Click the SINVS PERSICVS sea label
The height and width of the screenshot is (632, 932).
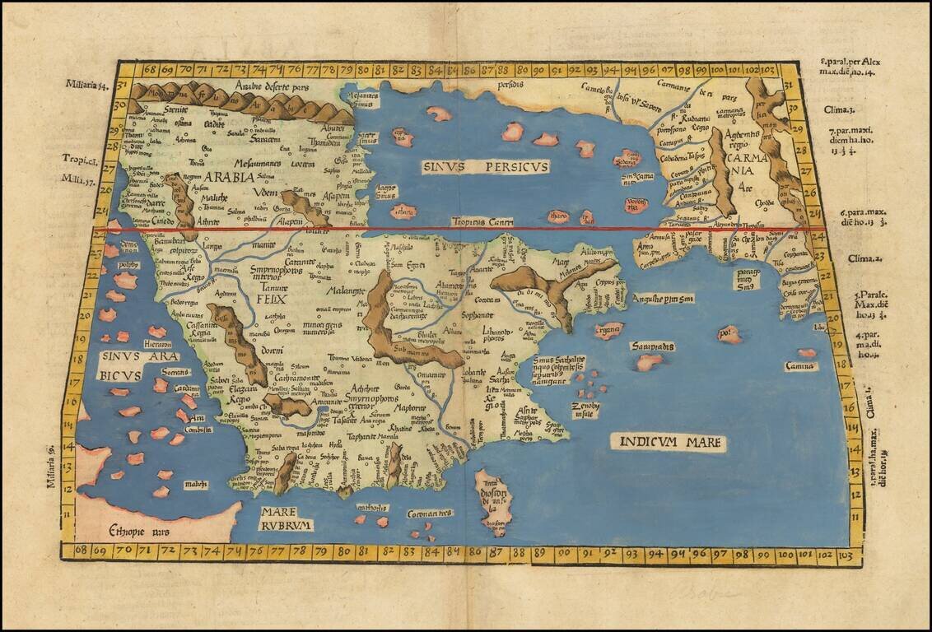tap(485, 167)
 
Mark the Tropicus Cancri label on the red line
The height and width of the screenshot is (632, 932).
tap(482, 222)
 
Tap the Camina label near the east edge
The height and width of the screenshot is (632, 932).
tap(799, 366)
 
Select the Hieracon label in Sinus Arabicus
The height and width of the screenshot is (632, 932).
tap(156, 344)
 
